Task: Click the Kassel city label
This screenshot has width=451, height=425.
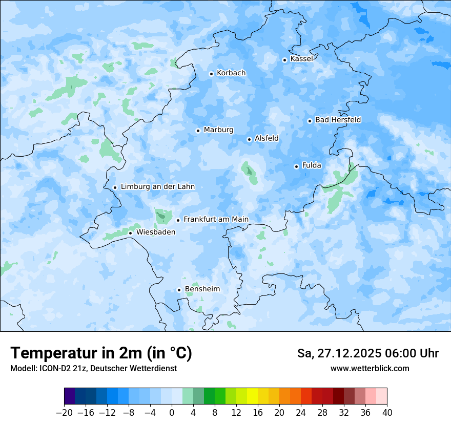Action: tap(301, 59)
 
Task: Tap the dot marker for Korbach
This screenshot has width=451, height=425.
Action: tap(211, 74)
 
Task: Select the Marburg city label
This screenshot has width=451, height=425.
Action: tap(218, 130)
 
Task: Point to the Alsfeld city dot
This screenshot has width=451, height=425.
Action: tap(249, 139)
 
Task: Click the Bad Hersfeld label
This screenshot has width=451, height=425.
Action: tap(338, 120)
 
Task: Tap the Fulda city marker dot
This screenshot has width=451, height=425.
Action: tap(296, 166)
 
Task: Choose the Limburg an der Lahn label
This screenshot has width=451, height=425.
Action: tap(157, 187)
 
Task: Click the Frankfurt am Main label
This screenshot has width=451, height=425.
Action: tap(216, 219)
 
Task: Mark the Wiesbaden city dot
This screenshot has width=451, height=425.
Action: tap(130, 233)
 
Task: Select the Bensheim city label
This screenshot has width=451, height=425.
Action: tap(202, 289)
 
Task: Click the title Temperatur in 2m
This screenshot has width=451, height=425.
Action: tap(101, 353)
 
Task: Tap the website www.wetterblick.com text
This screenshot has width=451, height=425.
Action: tap(370, 369)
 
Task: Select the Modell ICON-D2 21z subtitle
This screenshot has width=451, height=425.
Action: tap(93, 369)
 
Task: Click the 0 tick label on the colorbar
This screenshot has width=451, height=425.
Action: tap(172, 413)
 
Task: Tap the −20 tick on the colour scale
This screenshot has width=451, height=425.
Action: tap(64, 413)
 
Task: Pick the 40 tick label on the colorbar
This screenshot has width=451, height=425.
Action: tap(387, 413)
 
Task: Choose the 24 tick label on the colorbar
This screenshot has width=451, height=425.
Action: tap(301, 413)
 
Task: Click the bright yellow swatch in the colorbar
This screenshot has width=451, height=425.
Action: tap(252, 396)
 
